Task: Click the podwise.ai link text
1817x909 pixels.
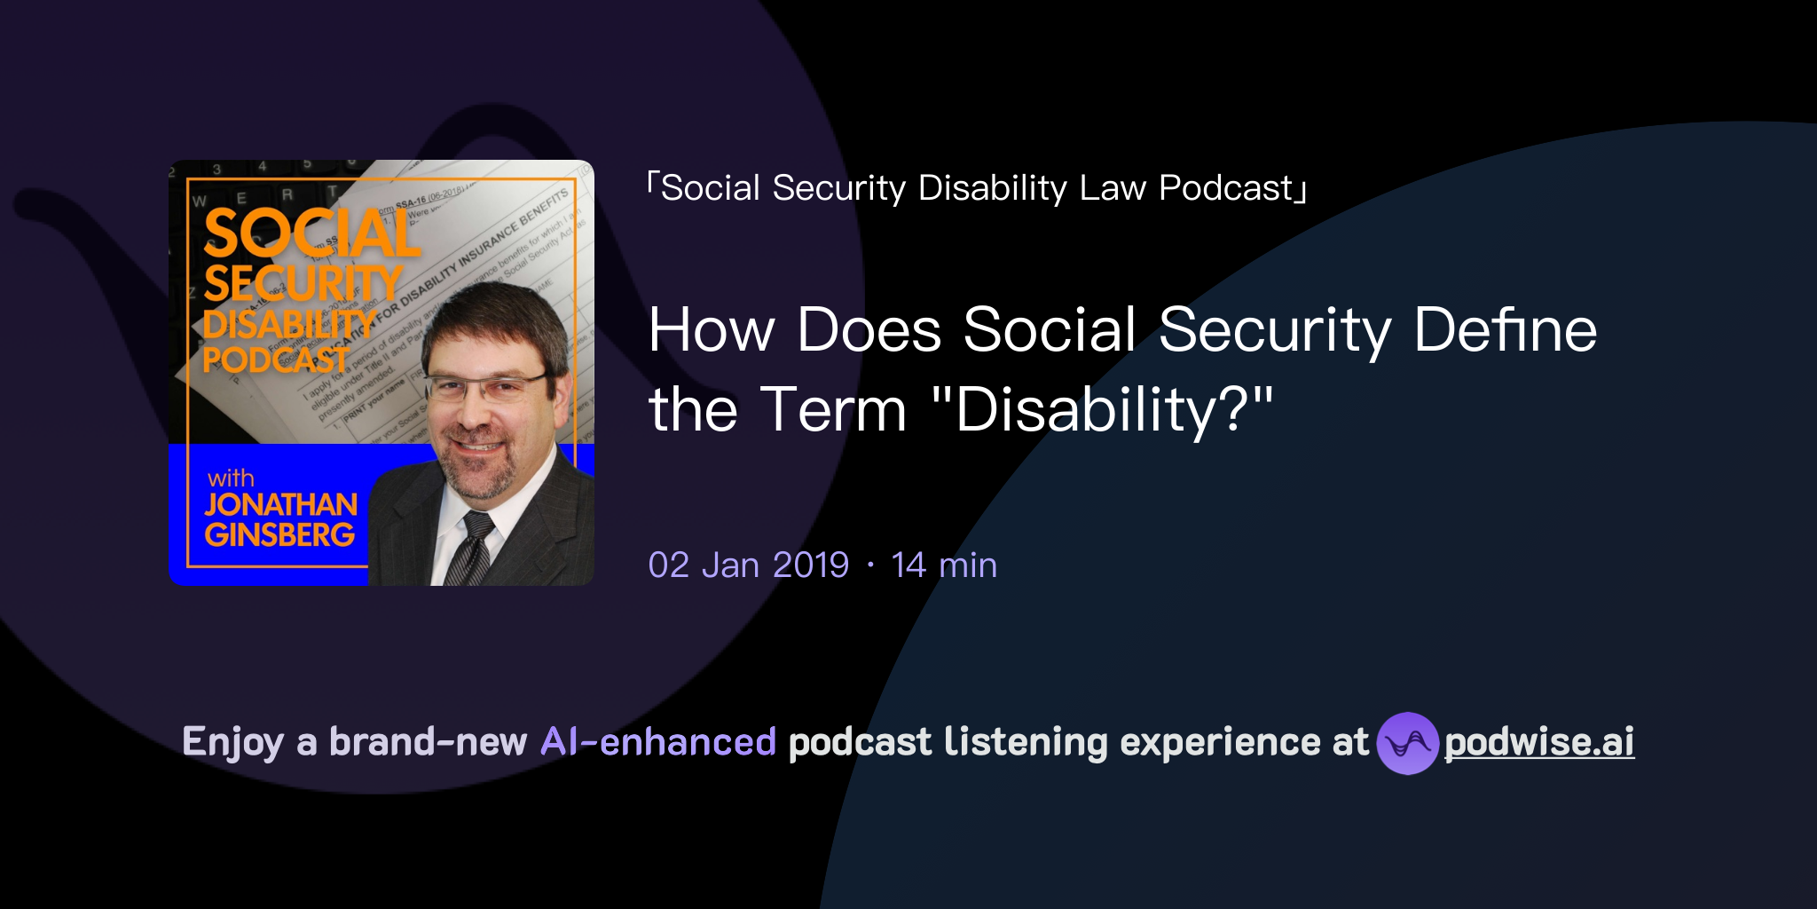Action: coord(1539,742)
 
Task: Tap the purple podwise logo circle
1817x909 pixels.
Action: coord(1406,743)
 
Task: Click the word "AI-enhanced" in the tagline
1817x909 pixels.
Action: coord(658,742)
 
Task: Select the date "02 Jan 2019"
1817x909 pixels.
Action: coord(748,565)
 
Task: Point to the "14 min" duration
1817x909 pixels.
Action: coord(944,565)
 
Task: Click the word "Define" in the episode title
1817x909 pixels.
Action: coord(1505,330)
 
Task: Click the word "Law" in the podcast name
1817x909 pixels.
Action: coord(1113,188)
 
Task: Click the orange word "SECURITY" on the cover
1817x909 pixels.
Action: coord(303,284)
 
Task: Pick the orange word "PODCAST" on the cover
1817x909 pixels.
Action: coord(275,360)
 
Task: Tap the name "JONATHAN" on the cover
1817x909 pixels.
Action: coord(280,504)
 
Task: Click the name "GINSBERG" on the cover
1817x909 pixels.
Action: coord(279,534)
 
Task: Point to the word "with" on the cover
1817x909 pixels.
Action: coord(231,478)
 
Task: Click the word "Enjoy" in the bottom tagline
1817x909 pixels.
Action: coord(232,742)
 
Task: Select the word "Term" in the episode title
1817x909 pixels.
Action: coord(833,410)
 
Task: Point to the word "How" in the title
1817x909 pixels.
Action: coord(712,330)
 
